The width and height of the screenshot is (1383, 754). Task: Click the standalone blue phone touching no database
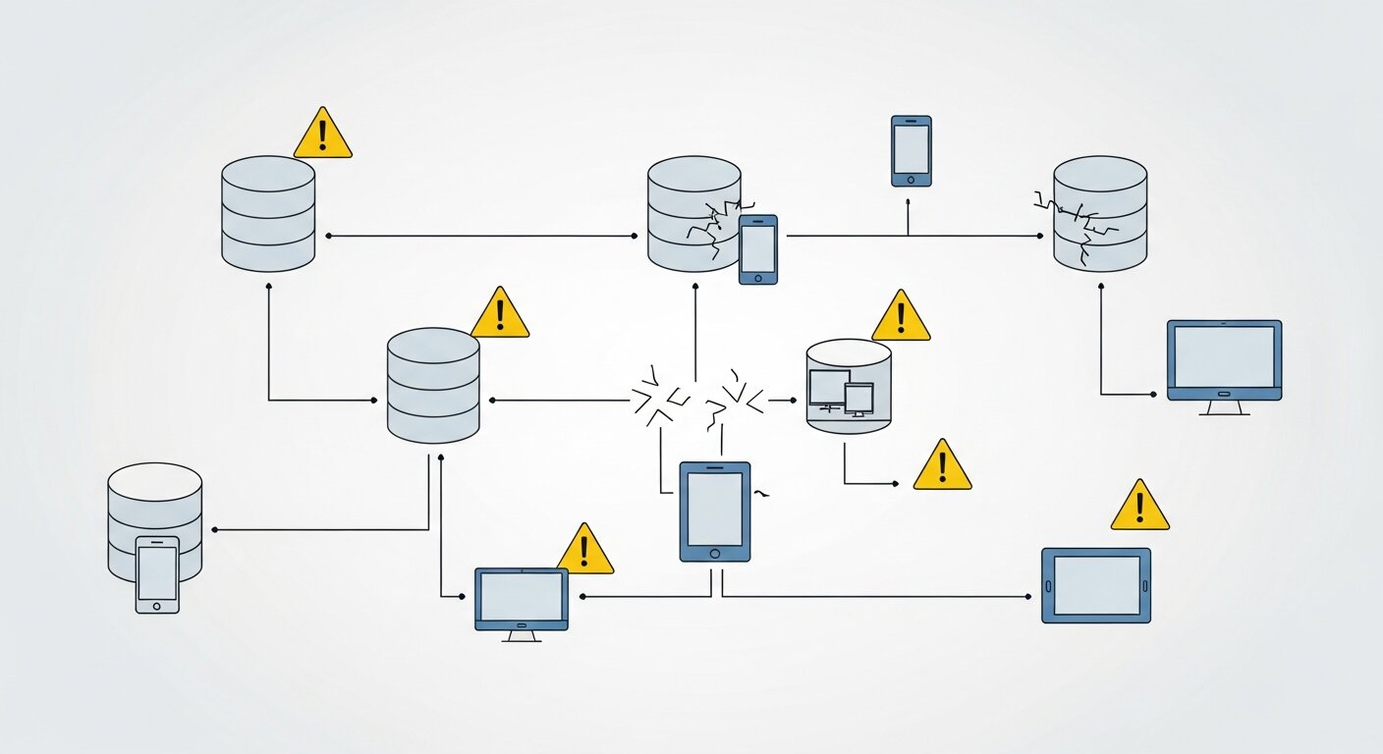(x=911, y=150)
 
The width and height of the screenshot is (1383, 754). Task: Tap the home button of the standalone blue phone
(x=911, y=180)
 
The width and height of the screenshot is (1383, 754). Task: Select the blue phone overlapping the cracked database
(x=757, y=249)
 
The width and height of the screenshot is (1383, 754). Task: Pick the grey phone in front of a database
(x=157, y=574)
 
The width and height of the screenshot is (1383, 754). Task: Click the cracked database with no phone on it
(x=1100, y=214)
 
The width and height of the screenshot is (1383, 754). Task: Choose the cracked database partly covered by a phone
(x=693, y=214)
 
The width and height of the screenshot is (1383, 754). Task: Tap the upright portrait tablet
(x=715, y=512)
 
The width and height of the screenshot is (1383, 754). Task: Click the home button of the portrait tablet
(x=715, y=553)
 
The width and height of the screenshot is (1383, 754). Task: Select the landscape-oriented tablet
(x=1095, y=585)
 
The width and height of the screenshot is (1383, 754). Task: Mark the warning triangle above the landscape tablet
(x=1139, y=508)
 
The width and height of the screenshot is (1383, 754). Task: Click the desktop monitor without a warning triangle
(x=1224, y=360)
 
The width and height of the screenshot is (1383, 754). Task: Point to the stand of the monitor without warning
(x=1224, y=406)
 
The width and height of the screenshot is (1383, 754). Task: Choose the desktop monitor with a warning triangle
(x=521, y=599)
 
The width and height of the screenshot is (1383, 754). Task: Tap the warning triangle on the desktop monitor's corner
(x=584, y=551)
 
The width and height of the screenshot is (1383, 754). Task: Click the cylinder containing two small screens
(x=848, y=386)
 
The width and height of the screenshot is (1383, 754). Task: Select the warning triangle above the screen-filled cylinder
(x=900, y=317)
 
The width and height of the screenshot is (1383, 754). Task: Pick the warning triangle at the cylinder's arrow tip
(x=941, y=466)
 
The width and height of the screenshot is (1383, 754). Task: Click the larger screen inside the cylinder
(x=828, y=387)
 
